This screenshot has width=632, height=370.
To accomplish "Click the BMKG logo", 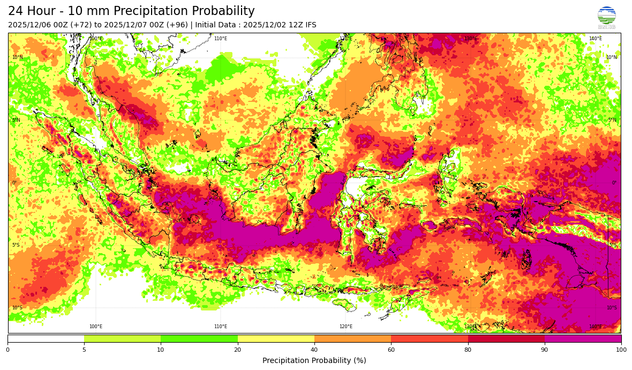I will [x=606, y=17].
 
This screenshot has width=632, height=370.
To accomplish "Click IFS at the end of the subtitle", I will [x=310, y=25].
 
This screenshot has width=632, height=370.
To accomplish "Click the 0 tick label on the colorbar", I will [x=7, y=350].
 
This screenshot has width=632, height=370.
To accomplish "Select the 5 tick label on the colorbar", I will [x=84, y=350].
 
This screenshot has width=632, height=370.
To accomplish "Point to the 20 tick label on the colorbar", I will [x=237, y=350].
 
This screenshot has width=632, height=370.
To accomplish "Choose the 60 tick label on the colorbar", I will [x=391, y=350].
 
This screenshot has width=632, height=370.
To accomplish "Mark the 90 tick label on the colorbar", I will [x=545, y=350].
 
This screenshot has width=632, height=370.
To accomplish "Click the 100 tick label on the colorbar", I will [x=621, y=350].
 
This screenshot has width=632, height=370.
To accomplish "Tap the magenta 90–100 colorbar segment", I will [x=583, y=339].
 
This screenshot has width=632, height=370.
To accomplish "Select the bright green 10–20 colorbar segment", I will [x=199, y=339].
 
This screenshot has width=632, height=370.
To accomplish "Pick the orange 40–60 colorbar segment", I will [x=352, y=339].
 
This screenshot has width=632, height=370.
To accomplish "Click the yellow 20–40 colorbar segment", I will [x=276, y=339].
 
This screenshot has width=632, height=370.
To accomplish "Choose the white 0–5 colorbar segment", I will [x=46, y=339].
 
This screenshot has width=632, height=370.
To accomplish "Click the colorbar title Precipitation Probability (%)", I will [x=314, y=360].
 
